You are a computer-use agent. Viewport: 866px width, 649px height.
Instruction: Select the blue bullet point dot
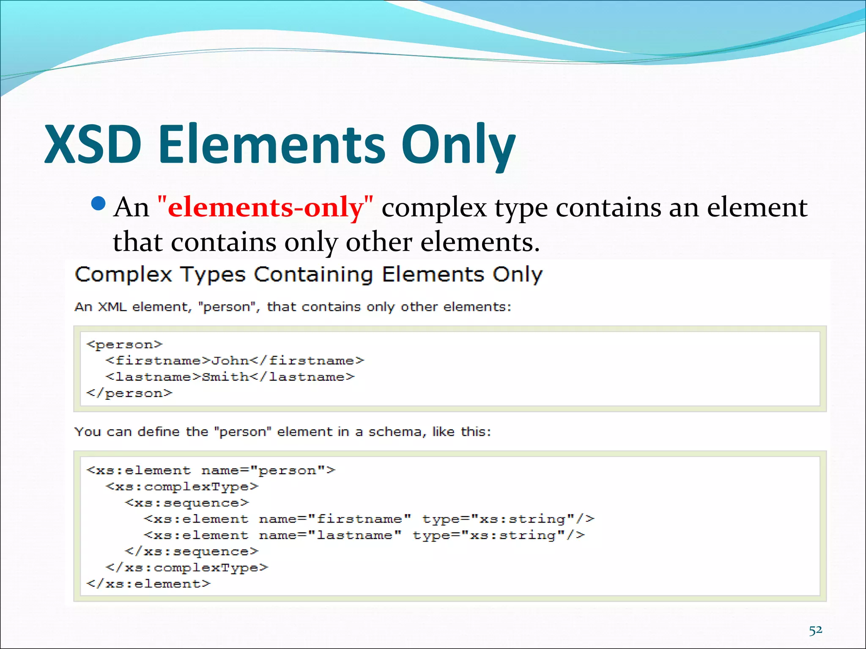[98, 204]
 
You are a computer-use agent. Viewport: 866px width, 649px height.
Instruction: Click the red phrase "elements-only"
[265, 207]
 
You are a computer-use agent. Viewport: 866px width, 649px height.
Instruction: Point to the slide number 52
[815, 630]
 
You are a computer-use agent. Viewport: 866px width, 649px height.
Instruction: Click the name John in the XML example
[230, 360]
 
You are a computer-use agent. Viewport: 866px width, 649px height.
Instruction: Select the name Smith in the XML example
[225, 376]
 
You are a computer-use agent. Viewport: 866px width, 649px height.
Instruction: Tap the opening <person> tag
[124, 344]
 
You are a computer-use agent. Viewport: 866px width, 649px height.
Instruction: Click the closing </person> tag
[129, 393]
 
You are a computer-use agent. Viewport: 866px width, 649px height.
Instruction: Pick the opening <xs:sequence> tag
[187, 503]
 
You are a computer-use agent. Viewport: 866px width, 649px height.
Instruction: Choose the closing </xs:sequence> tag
[192, 551]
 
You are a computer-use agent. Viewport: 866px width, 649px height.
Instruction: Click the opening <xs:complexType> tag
[182, 487]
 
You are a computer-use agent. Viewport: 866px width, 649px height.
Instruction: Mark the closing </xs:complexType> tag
[187, 567]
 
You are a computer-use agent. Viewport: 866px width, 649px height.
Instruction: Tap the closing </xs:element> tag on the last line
[148, 584]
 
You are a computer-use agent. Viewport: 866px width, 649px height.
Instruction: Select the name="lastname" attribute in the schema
[330, 535]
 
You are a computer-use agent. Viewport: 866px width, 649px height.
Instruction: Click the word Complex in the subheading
[123, 275]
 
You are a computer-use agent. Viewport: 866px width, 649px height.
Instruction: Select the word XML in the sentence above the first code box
[112, 307]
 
